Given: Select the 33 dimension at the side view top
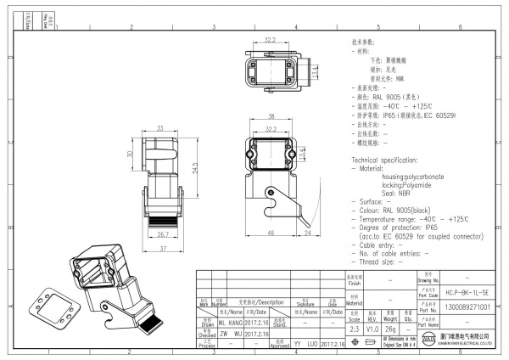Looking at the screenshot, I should pos(159,128).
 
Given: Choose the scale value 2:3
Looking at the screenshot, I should pos(355,328).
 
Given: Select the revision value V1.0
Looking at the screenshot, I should pos(372,328).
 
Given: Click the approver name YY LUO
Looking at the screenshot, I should pos(305,346).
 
